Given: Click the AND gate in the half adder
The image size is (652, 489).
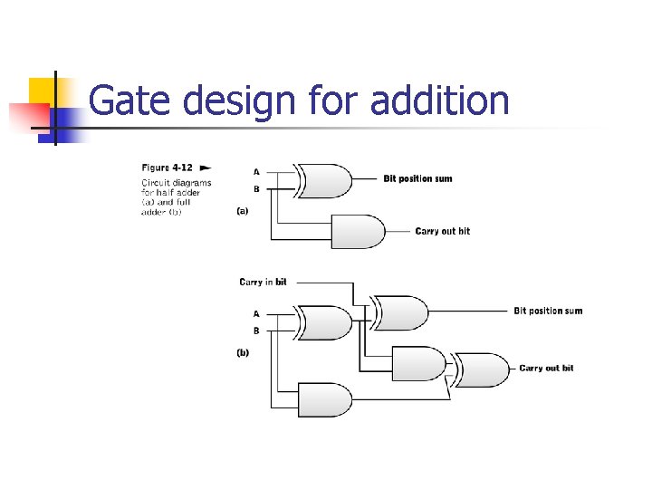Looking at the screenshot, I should (x=359, y=231).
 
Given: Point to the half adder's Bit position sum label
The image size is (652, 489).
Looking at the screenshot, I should (x=417, y=179).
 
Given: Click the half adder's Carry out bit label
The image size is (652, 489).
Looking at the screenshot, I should (x=443, y=232).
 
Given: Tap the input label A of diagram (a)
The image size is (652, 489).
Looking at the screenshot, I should (x=256, y=171).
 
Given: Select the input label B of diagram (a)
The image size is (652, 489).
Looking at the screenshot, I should (x=256, y=189).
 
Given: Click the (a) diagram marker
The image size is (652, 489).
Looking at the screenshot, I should (x=243, y=210).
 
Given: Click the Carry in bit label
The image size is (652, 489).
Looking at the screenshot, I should (x=263, y=283).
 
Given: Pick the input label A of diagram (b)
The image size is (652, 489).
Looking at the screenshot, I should (x=256, y=313).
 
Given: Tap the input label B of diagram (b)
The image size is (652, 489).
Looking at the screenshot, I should (x=256, y=331).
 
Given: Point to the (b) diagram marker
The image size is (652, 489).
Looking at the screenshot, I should (x=243, y=353).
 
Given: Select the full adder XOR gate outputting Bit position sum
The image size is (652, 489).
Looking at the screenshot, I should (x=403, y=312).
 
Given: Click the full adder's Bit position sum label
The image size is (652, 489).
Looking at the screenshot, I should (x=548, y=312).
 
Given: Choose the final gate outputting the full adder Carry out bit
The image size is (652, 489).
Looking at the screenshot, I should (x=484, y=369).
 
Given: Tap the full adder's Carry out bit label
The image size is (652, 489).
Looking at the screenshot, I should (x=546, y=369).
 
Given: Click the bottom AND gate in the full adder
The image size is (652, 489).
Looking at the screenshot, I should (x=324, y=399).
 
